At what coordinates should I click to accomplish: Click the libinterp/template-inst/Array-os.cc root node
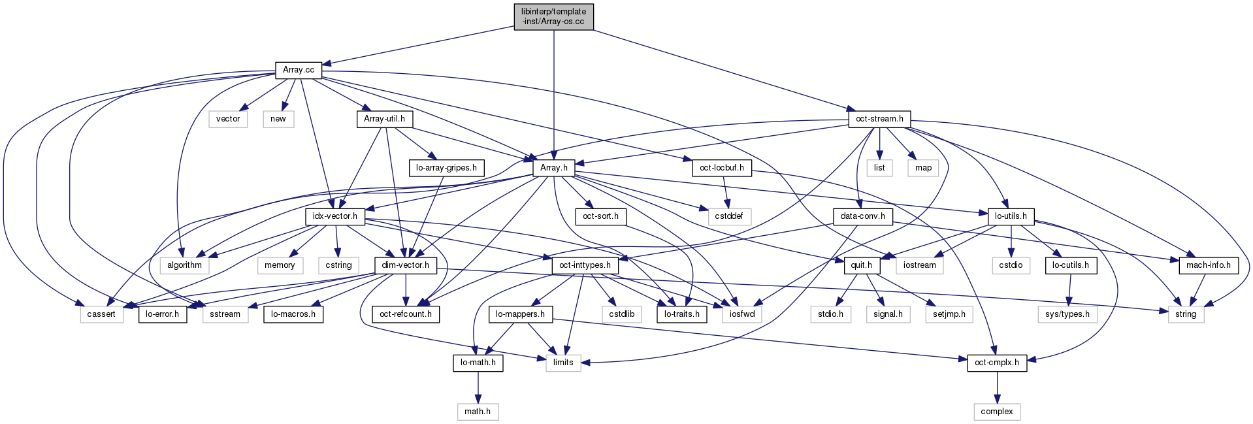tap(553, 16)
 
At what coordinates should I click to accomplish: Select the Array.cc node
tap(299, 70)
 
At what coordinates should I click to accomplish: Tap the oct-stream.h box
tap(879, 119)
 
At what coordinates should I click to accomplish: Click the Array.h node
tap(553, 168)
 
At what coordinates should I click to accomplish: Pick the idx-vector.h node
tap(334, 216)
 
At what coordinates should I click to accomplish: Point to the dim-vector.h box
tap(406, 265)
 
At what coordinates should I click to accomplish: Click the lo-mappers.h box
tap(520, 314)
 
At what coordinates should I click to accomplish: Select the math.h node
tap(478, 412)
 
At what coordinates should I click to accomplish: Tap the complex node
tap(996, 412)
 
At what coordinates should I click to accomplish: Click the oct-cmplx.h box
tap(996, 363)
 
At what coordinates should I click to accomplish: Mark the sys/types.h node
tap(1067, 314)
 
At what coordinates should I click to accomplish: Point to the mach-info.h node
tap(1208, 265)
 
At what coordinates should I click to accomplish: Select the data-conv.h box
tap(862, 216)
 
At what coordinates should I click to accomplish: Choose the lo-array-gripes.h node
tap(446, 168)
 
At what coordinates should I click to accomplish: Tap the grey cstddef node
tap(728, 216)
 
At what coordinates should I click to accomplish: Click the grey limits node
tap(563, 363)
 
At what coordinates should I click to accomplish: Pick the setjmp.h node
tap(949, 314)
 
